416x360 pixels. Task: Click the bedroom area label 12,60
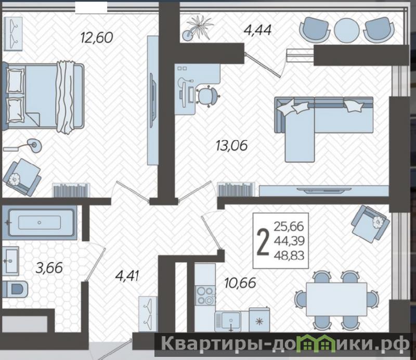coord(97,37)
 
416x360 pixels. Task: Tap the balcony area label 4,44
coord(257,30)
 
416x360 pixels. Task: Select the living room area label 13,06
coord(231,146)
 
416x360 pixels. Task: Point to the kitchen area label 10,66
coord(240,282)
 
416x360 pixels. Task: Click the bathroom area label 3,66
coord(49,267)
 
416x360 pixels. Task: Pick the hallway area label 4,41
coord(127,276)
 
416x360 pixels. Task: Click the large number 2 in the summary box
coord(264,242)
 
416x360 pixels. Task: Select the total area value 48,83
coord(289,255)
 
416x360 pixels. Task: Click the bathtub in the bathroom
coord(40,223)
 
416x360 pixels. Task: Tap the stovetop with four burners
coord(205,295)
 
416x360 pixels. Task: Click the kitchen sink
coord(228,321)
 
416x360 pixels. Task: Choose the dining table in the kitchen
coord(336,299)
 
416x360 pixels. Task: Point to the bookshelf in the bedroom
coord(71,190)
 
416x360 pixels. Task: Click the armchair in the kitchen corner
coord(370,224)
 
